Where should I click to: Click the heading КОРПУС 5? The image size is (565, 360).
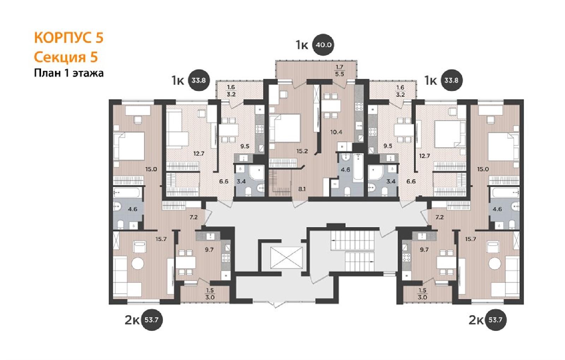[x=69, y=38]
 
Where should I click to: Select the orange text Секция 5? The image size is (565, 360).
[x=66, y=57]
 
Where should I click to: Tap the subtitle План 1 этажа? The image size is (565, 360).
[x=69, y=73]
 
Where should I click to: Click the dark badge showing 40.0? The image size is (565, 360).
[x=323, y=45]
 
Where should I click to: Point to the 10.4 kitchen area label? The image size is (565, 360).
[x=336, y=132]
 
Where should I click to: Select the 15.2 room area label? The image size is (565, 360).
[x=302, y=151]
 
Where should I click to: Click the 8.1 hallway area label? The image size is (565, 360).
[x=302, y=189]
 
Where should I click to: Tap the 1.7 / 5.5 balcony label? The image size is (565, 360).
[x=339, y=70]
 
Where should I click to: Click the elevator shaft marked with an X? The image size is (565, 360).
[x=286, y=258]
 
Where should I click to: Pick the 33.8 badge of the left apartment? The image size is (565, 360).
[x=199, y=80]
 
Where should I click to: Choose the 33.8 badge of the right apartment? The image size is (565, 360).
[x=451, y=80]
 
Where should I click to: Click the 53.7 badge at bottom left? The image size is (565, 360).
[x=151, y=320]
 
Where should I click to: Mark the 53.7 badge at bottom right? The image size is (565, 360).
[x=495, y=320]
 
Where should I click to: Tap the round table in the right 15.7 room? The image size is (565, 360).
[x=495, y=264]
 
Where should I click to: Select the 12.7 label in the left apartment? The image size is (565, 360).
[x=199, y=153]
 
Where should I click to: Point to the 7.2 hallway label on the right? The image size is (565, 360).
[x=439, y=217]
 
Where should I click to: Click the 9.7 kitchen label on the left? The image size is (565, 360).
[x=209, y=250]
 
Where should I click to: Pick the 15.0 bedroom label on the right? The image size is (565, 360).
[x=483, y=169]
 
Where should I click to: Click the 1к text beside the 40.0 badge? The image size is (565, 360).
[x=302, y=45]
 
